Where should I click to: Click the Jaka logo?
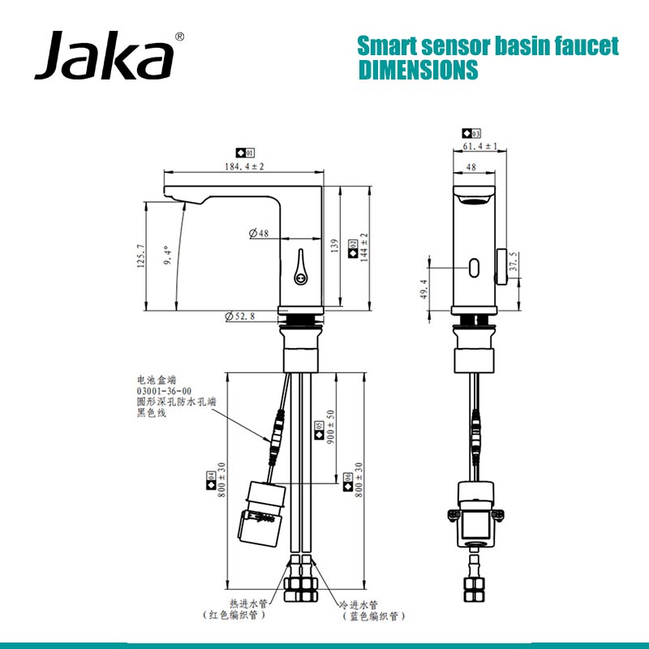(x=104, y=56)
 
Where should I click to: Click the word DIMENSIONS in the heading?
(x=418, y=71)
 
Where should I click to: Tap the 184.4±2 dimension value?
(x=243, y=165)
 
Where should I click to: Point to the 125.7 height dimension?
(x=140, y=256)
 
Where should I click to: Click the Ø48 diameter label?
(x=259, y=234)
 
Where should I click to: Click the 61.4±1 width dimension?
(x=479, y=146)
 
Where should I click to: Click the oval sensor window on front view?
(x=475, y=264)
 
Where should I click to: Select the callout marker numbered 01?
(x=245, y=153)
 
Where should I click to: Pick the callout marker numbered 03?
(x=471, y=133)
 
